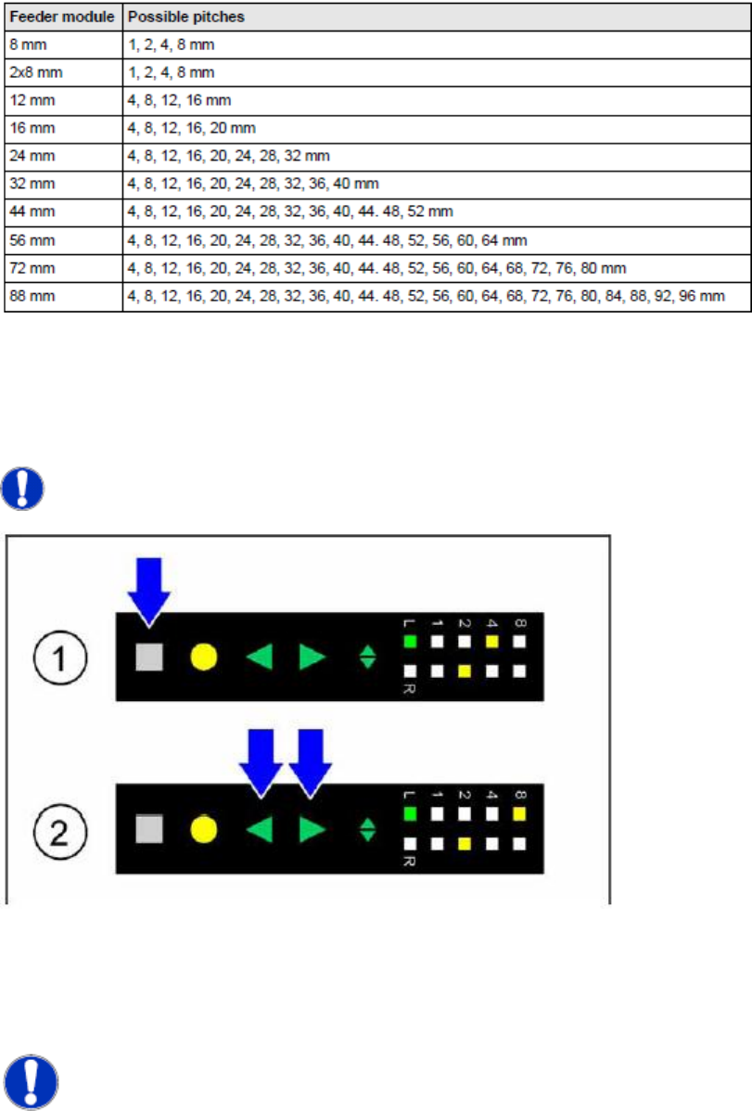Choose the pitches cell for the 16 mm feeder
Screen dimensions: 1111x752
click(193, 127)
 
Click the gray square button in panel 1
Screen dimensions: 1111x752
click(149, 657)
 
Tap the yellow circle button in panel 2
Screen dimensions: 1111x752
click(204, 829)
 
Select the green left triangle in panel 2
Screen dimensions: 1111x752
click(260, 829)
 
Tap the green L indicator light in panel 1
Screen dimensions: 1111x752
click(410, 641)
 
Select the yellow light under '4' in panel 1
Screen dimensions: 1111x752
click(492, 641)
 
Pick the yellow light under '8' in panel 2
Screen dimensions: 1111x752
click(520, 813)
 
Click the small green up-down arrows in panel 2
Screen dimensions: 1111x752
click(368, 829)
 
